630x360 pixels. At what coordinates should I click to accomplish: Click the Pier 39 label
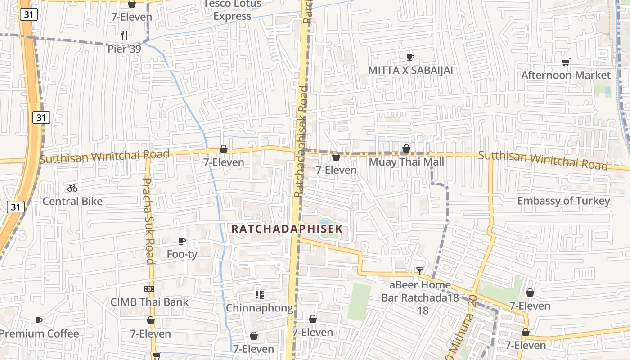click(124, 49)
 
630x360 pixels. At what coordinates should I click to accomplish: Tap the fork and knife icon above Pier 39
click(124, 35)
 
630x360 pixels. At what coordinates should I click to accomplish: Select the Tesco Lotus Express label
click(232, 10)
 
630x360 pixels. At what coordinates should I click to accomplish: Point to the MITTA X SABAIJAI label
click(410, 70)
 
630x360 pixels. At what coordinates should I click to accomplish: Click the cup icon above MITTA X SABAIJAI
click(410, 57)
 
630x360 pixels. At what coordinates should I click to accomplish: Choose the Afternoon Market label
click(566, 75)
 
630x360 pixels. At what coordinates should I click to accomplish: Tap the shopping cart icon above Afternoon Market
click(566, 62)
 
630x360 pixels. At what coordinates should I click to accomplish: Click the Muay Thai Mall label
click(406, 162)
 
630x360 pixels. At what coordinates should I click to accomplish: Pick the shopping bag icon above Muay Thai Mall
click(406, 148)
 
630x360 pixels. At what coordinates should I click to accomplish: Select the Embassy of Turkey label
click(564, 201)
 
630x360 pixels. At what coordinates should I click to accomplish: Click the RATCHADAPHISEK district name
click(287, 229)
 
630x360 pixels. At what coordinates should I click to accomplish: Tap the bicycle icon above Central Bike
click(72, 188)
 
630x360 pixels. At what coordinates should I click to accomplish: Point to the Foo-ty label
click(182, 254)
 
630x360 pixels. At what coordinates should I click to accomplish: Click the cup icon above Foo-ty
click(182, 241)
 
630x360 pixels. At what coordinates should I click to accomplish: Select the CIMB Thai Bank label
click(150, 302)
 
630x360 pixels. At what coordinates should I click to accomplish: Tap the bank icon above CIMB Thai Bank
click(149, 288)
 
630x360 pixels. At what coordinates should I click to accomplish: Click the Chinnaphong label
click(259, 308)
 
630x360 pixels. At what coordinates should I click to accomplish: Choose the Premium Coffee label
click(40, 333)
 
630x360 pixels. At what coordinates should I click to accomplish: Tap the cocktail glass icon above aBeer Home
click(420, 271)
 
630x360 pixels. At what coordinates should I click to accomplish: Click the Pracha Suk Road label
click(148, 220)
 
